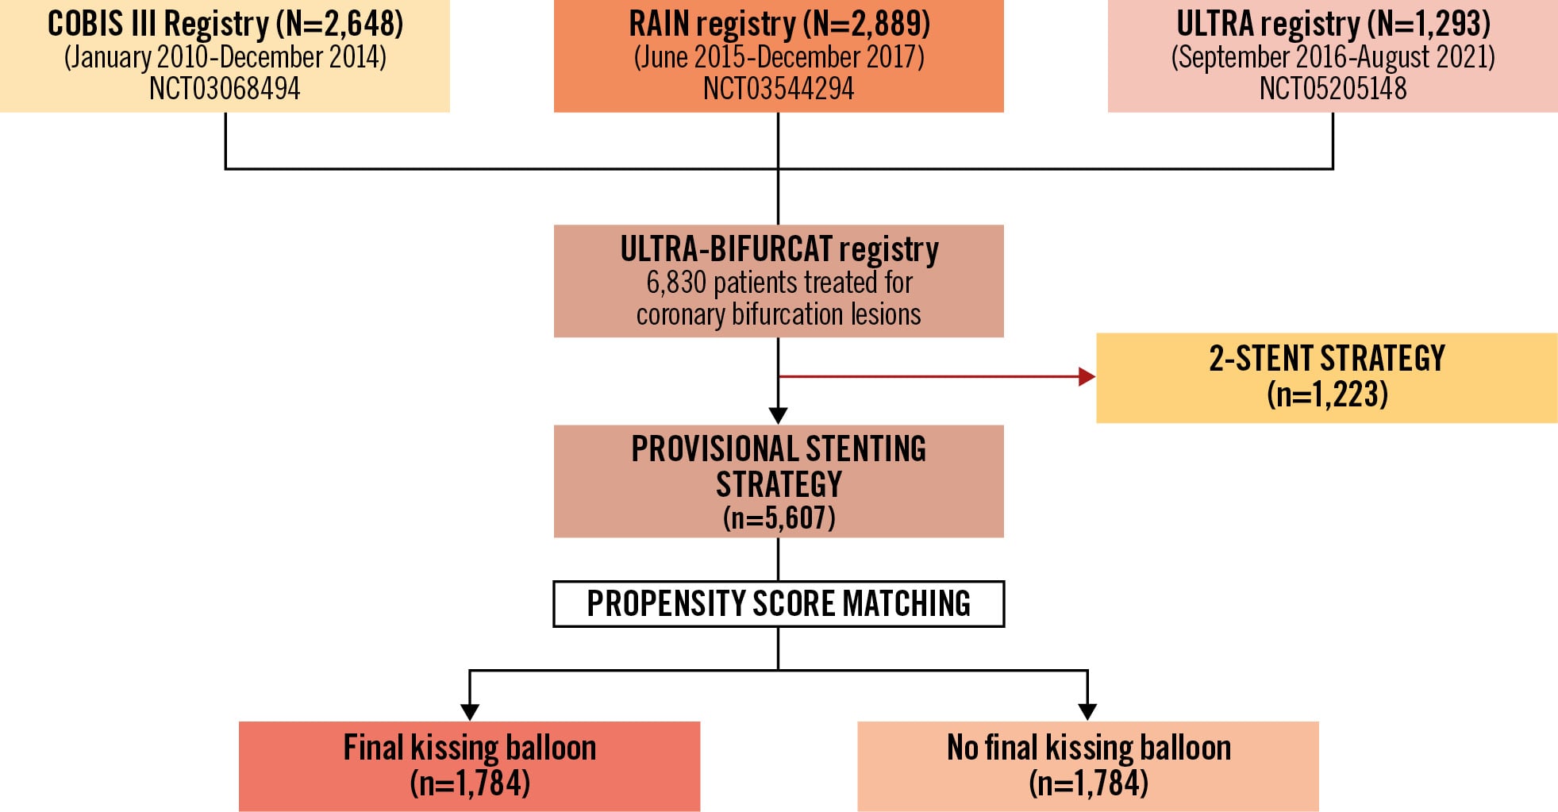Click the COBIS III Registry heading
225,24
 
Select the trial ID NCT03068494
225,88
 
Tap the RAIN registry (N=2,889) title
779,24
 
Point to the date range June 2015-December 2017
779,57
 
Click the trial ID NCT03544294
779,88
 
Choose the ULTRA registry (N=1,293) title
1333,24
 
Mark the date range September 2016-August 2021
1333,57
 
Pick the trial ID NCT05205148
1333,88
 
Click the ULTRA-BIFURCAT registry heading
779,249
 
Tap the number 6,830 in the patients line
676,283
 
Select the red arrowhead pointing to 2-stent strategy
1087,376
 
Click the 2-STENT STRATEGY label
1326,359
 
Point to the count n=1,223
1326,394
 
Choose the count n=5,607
779,518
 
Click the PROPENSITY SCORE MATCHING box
779,604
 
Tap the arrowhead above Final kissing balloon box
470,711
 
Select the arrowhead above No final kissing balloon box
1087,711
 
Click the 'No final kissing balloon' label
1088,748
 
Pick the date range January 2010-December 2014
225,57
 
